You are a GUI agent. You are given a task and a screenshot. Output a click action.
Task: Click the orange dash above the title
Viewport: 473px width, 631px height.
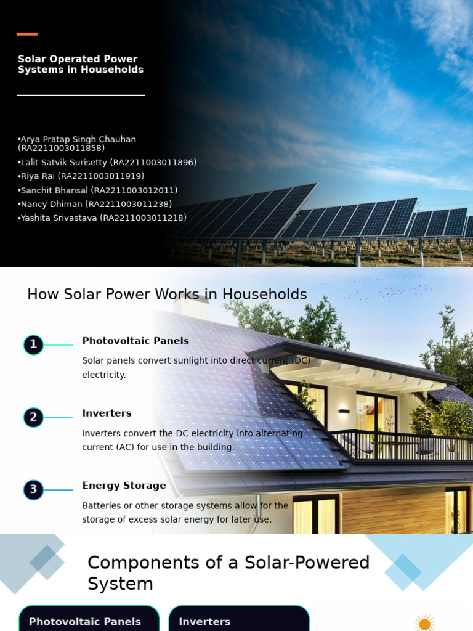pyautogui.click(x=27, y=34)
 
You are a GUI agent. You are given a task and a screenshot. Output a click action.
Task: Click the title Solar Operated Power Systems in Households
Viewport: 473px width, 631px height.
pyautogui.click(x=81, y=65)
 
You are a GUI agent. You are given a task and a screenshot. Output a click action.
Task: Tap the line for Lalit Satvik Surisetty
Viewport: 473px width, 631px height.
pyautogui.click(x=108, y=163)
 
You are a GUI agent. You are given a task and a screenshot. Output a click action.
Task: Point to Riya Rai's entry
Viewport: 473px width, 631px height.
pyautogui.click(x=81, y=176)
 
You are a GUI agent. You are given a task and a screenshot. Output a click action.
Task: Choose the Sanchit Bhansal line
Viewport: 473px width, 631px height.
pyautogui.click(x=98, y=190)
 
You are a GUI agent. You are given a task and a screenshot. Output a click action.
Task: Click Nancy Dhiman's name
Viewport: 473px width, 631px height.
pyautogui.click(x=95, y=204)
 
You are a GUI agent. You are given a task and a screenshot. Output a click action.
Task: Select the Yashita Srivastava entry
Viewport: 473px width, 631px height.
pyautogui.click(x=102, y=218)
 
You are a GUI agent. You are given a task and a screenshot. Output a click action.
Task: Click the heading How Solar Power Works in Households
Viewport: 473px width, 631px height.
pyautogui.click(x=167, y=295)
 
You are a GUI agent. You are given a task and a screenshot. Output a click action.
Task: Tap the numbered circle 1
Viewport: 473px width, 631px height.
pyautogui.click(x=33, y=344)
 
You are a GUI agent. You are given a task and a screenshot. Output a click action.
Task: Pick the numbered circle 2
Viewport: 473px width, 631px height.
pyautogui.click(x=33, y=417)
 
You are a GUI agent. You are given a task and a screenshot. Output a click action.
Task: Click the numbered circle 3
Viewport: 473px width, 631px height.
pyautogui.click(x=33, y=490)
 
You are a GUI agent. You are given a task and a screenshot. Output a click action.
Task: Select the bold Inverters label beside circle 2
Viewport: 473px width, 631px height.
pyautogui.click(x=107, y=413)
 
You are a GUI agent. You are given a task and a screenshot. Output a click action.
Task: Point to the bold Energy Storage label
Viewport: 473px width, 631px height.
pyautogui.click(x=124, y=486)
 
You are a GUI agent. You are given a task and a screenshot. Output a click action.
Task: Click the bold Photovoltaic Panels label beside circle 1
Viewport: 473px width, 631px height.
pyautogui.click(x=135, y=341)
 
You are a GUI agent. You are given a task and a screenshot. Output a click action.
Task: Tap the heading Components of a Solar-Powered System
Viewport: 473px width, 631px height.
pyautogui.click(x=228, y=573)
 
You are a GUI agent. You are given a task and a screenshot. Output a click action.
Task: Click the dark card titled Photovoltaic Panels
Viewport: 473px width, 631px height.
pyautogui.click(x=89, y=619)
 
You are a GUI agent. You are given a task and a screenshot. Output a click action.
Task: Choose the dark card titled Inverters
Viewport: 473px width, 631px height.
pyautogui.click(x=239, y=619)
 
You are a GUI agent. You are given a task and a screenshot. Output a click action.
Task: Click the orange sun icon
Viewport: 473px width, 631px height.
pyautogui.click(x=424, y=623)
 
